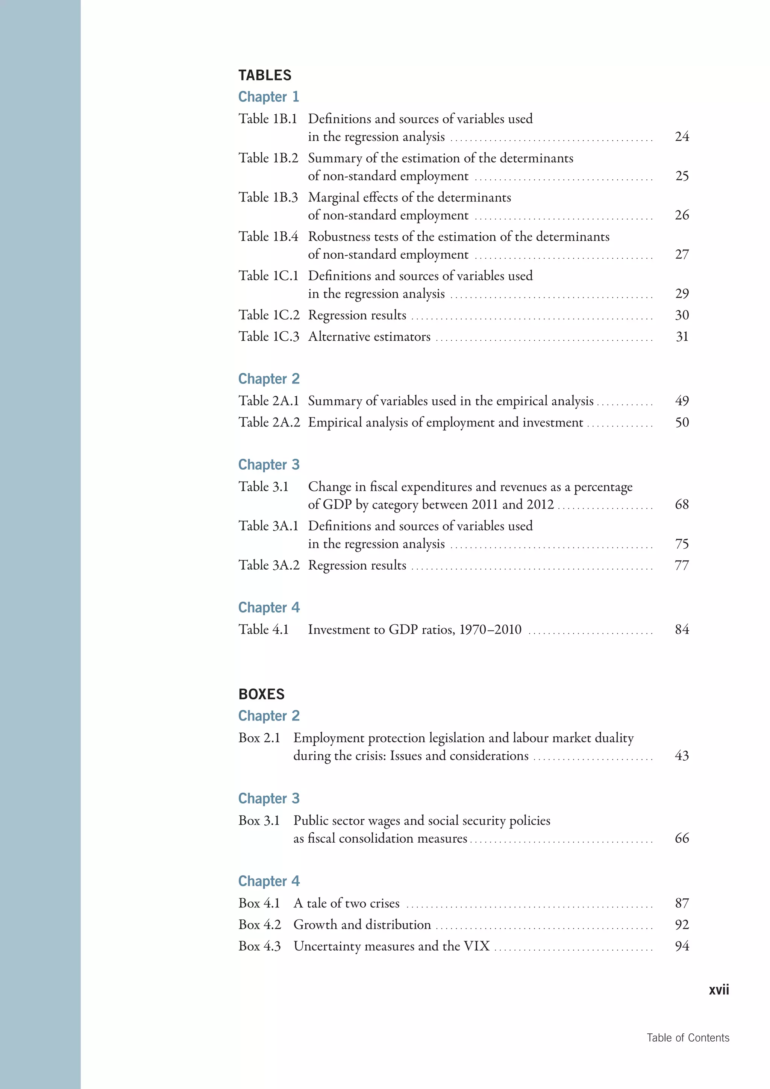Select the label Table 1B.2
point(268,158)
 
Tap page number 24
point(682,137)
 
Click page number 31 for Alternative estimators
point(682,337)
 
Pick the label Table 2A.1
point(268,401)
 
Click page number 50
point(682,422)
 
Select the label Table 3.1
point(263,487)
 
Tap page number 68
point(682,504)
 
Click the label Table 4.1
point(263,629)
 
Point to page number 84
point(682,629)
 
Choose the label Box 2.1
point(259,738)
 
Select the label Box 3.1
point(259,821)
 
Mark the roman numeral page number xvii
point(719,990)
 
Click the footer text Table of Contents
point(688,1038)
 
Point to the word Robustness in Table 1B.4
point(340,237)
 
